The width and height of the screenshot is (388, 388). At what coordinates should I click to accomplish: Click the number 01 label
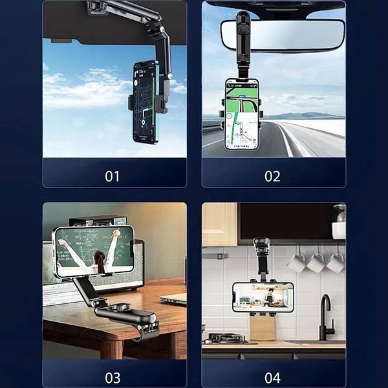[112, 176]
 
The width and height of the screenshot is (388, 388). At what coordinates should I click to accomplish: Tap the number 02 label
[272, 176]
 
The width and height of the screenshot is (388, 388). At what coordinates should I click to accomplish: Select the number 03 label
[113, 378]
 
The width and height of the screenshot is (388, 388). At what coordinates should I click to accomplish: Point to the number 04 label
[272, 378]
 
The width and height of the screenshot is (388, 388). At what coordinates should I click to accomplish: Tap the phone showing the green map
[241, 114]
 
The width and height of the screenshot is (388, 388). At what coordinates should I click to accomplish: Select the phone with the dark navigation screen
[145, 102]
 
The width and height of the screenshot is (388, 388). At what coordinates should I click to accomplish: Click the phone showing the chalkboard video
[94, 251]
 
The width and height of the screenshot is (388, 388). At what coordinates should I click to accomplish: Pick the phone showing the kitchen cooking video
[263, 297]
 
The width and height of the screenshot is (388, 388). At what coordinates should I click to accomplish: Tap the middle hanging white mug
[316, 263]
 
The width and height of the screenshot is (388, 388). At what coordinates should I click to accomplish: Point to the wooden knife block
[263, 328]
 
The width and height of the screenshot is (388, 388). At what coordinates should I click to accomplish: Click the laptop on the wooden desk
[174, 298]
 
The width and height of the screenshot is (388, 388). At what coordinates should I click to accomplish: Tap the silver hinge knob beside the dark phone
[169, 76]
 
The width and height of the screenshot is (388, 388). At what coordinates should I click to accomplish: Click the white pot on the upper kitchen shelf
[339, 230]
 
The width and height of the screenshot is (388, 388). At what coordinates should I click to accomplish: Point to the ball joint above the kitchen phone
[262, 242]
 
